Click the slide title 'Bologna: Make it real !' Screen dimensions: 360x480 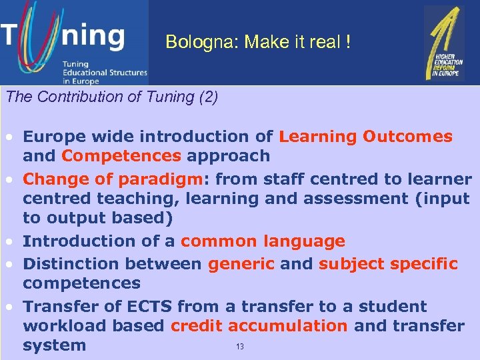tap(257, 43)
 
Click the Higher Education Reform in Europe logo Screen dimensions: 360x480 tap(445, 44)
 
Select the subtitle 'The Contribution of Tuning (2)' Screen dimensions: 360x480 tap(111, 97)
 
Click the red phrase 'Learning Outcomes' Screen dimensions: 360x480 tap(365, 137)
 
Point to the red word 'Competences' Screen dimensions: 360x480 tap(121, 156)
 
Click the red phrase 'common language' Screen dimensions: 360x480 tap(263, 241)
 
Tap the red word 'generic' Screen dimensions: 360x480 tap(241, 264)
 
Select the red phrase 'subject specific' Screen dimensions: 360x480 tap(388, 264)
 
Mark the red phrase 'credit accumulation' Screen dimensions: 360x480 tap(259, 326)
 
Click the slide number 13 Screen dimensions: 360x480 tap(241, 347)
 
